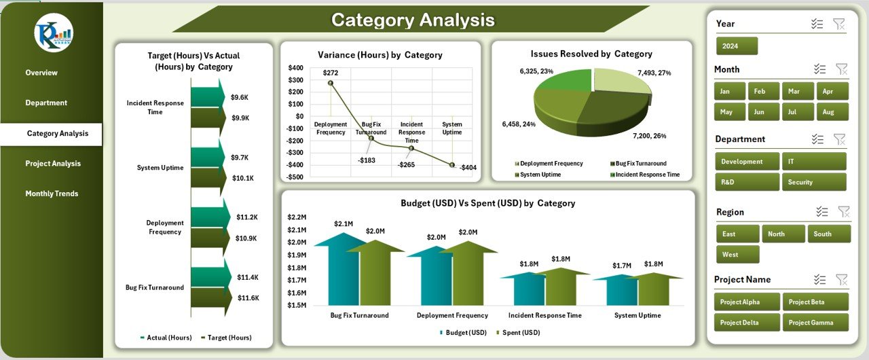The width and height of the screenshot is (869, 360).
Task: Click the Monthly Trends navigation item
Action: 52,194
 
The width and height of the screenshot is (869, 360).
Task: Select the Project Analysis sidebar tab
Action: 53,163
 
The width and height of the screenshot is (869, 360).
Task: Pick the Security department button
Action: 814,182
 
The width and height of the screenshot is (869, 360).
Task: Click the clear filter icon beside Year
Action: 839,24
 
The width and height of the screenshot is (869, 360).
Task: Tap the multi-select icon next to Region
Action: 821,212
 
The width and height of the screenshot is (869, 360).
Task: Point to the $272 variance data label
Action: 331,73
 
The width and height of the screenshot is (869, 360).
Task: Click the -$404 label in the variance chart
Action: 468,167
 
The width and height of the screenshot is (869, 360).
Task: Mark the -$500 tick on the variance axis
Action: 295,177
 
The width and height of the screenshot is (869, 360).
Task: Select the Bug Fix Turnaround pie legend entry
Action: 641,164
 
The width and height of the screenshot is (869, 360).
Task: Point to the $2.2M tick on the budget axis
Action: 297,217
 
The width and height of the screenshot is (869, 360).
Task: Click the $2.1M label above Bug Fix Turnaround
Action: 344,223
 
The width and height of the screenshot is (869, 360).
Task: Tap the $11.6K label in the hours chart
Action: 248,298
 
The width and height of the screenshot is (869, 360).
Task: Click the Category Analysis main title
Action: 413,20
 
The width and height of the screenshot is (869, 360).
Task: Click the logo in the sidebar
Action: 54,33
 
